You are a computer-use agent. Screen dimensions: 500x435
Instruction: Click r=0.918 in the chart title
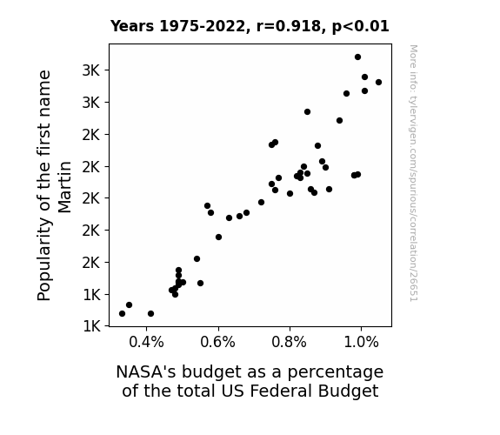[x=289, y=26]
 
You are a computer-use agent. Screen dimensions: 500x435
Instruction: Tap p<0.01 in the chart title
[x=361, y=27]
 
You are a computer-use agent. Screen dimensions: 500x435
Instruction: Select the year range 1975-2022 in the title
[x=202, y=26]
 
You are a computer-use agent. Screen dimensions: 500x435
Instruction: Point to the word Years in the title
[x=132, y=26]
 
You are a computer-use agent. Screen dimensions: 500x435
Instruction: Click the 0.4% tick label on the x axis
[x=146, y=343]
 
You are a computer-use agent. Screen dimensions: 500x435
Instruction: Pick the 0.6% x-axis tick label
[x=217, y=343]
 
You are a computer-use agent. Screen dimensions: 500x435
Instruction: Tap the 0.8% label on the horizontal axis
[x=290, y=343]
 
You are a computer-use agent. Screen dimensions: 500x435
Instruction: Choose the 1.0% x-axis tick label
[x=361, y=343]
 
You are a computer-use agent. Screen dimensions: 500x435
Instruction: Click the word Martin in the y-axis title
[x=64, y=187]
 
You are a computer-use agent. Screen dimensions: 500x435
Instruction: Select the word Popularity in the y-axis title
[x=44, y=259]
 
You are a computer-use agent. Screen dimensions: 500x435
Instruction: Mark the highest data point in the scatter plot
[x=357, y=57]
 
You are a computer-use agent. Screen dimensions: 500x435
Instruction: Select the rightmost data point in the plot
[x=378, y=83]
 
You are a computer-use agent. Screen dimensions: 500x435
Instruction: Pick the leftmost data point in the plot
[x=122, y=314]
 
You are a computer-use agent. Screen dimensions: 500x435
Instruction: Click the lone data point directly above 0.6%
[x=218, y=238]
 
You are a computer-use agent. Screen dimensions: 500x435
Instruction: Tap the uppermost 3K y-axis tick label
[x=91, y=70]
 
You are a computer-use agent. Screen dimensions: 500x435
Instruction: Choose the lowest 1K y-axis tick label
[x=91, y=326]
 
